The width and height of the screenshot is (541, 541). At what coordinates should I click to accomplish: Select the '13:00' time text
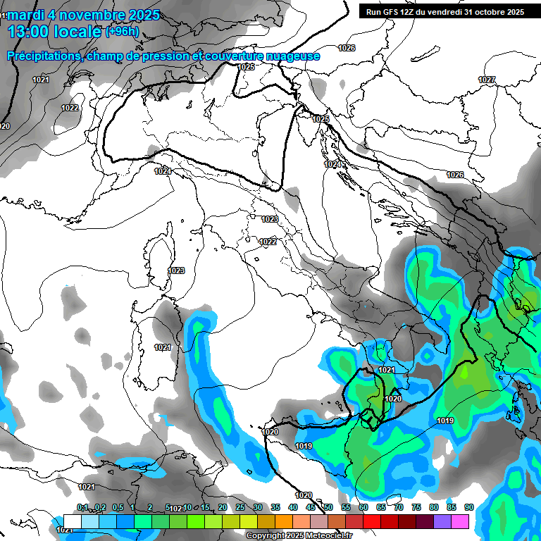[30, 31]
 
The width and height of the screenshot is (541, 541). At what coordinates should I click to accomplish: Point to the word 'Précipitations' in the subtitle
[42, 56]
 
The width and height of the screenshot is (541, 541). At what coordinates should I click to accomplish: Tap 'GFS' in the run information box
[393, 12]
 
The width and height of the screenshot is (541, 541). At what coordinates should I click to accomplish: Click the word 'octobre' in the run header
[490, 12]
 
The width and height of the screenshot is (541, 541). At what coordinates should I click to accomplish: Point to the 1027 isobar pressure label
[487, 80]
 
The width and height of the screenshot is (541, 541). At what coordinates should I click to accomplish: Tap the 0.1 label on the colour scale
[82, 508]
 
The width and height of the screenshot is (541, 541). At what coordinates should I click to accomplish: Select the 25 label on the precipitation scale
[240, 508]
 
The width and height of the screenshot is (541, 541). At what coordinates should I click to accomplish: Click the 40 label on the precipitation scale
[292, 508]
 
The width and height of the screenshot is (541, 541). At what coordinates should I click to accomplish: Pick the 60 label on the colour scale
[363, 508]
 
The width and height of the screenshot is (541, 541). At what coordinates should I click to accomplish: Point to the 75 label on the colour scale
[416, 508]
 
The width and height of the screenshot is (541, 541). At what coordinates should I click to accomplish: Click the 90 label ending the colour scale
[468, 508]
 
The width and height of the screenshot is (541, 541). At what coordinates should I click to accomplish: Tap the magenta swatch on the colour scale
[460, 521]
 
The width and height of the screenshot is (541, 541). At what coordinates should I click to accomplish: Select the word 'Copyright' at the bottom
[267, 536]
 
